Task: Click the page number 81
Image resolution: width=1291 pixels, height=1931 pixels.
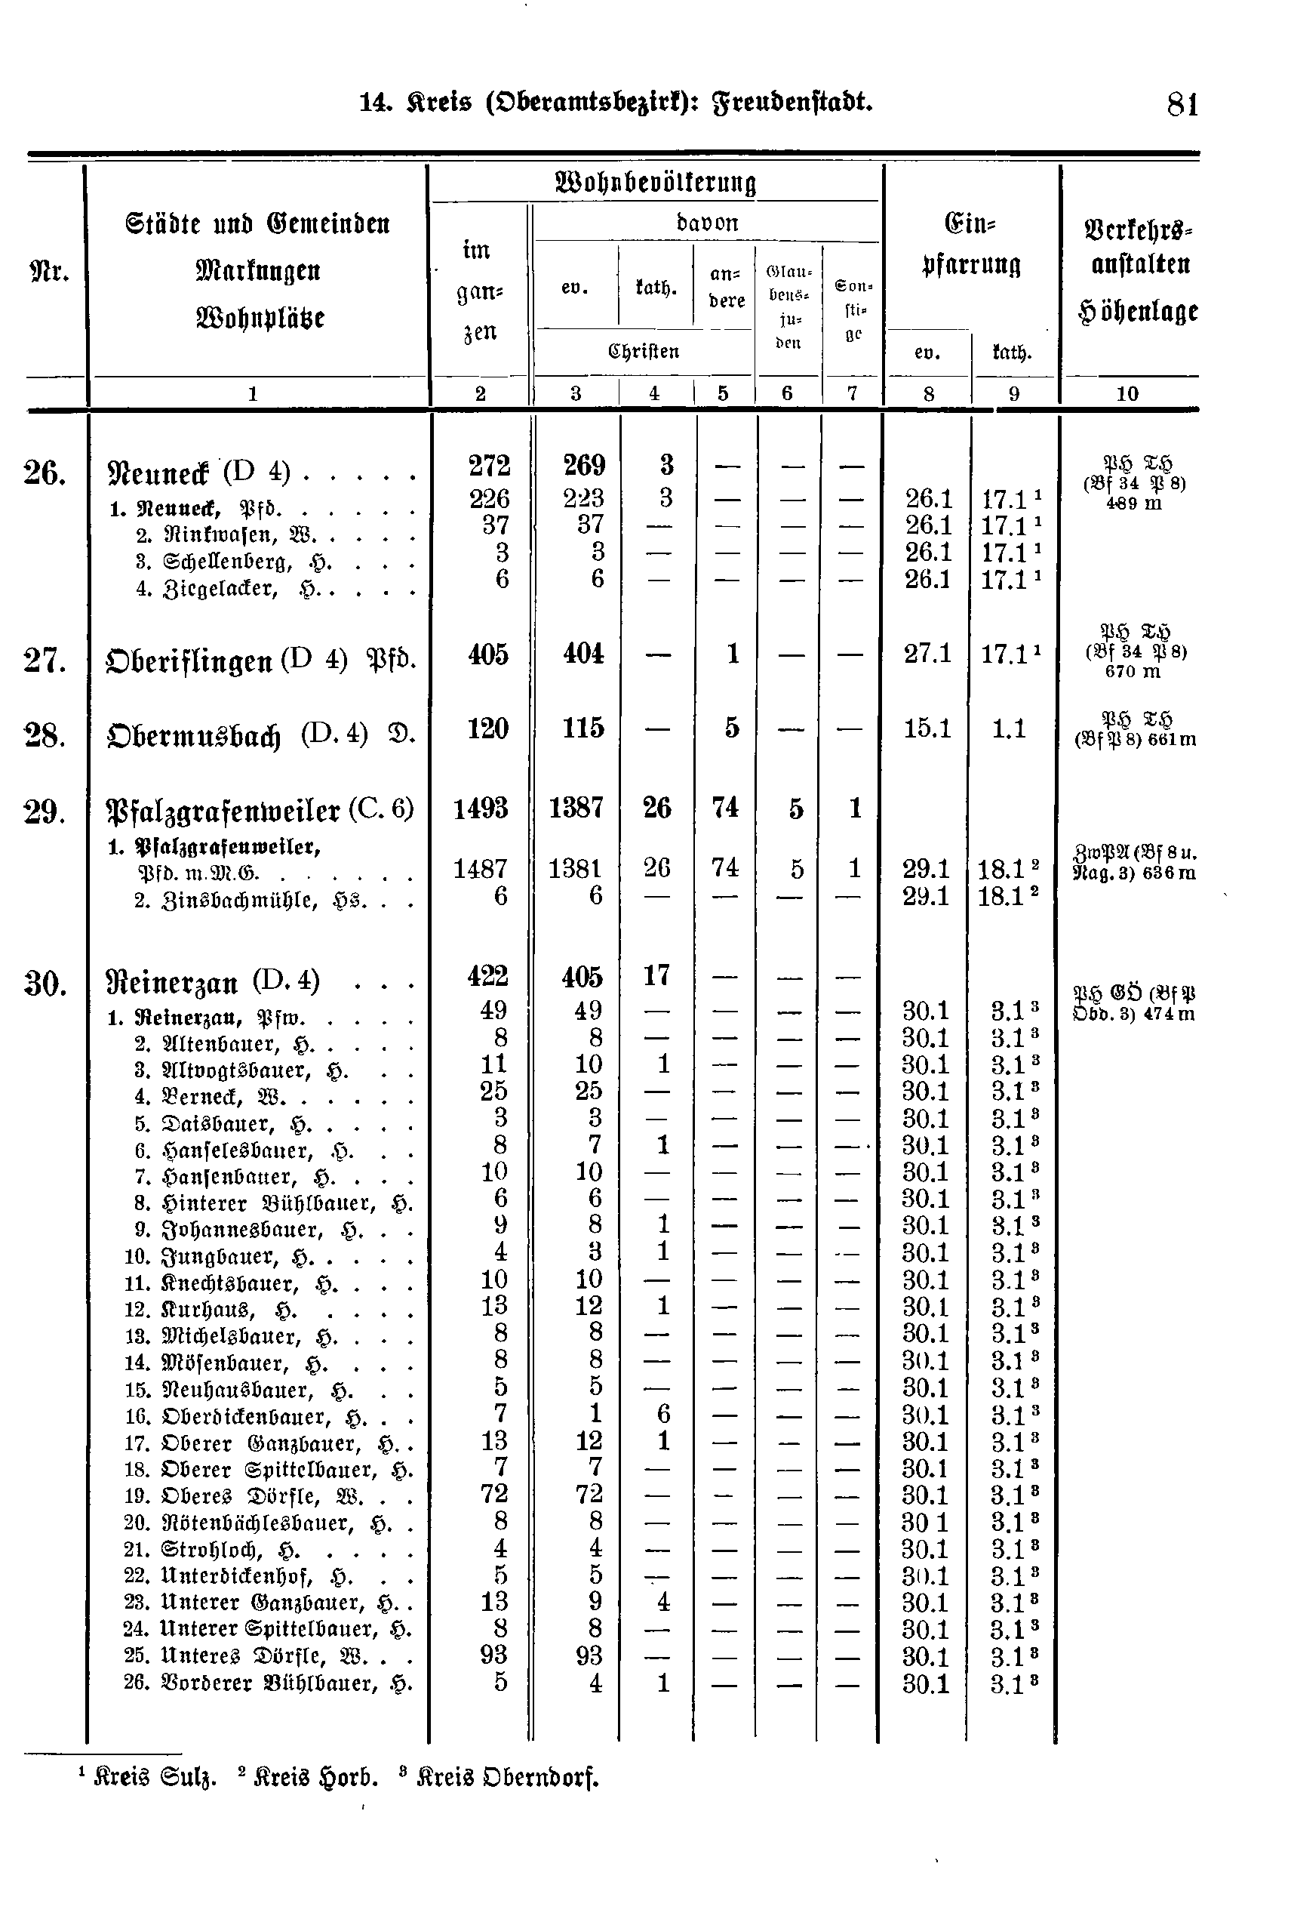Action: pos(1182,106)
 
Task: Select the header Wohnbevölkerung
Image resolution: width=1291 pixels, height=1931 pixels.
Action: pos(656,182)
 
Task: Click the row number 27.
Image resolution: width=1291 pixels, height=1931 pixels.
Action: pos(45,661)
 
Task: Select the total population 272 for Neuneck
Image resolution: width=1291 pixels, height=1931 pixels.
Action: pos(489,466)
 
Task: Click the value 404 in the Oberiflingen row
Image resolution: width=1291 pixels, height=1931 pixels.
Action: pos(583,654)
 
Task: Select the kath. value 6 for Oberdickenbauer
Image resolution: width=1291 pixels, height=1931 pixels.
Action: pos(664,1414)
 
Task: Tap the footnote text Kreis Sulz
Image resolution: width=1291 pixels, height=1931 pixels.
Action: pos(155,1778)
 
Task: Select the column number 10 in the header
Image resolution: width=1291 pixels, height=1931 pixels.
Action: pos(1127,394)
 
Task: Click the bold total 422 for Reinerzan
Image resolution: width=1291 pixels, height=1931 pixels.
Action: pos(487,976)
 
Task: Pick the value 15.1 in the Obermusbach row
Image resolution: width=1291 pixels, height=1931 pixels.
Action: pos(927,728)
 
